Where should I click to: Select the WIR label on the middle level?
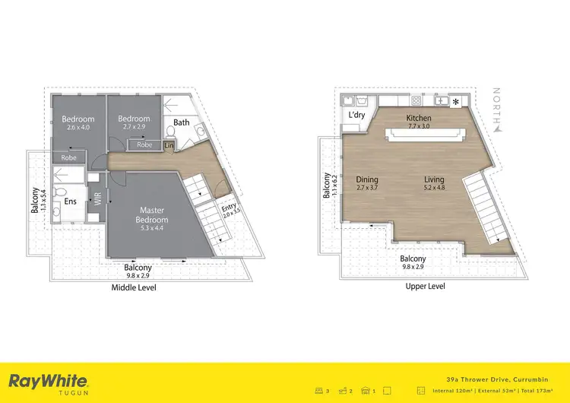click(97, 200)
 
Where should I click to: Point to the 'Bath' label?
click(181, 122)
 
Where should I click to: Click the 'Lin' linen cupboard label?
click(169, 144)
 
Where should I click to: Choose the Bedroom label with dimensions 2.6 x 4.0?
click(78, 119)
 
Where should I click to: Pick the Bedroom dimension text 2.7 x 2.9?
click(134, 127)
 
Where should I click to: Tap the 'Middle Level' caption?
click(134, 287)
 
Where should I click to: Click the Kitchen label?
click(419, 119)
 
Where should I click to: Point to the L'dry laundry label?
click(357, 115)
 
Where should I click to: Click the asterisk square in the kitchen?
click(456, 101)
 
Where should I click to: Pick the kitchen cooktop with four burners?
click(416, 100)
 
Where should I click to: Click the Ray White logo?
click(48, 382)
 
